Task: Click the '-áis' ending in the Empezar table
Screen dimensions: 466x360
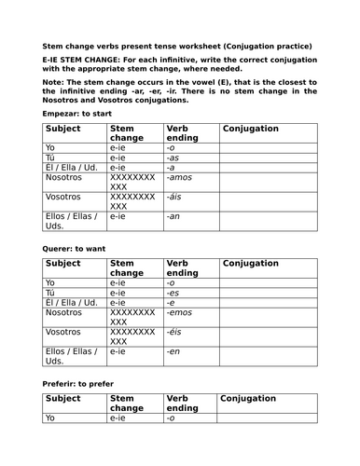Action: tap(174, 197)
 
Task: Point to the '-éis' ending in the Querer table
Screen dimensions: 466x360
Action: tap(174, 333)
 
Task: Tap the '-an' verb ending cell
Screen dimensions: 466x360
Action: tap(173, 216)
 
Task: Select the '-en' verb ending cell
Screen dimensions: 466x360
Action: tap(173, 352)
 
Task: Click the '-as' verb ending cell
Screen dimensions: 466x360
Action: tap(173, 158)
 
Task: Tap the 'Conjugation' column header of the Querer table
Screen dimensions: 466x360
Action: tap(251, 264)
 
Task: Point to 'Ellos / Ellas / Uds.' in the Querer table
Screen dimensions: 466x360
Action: tap(71, 357)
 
